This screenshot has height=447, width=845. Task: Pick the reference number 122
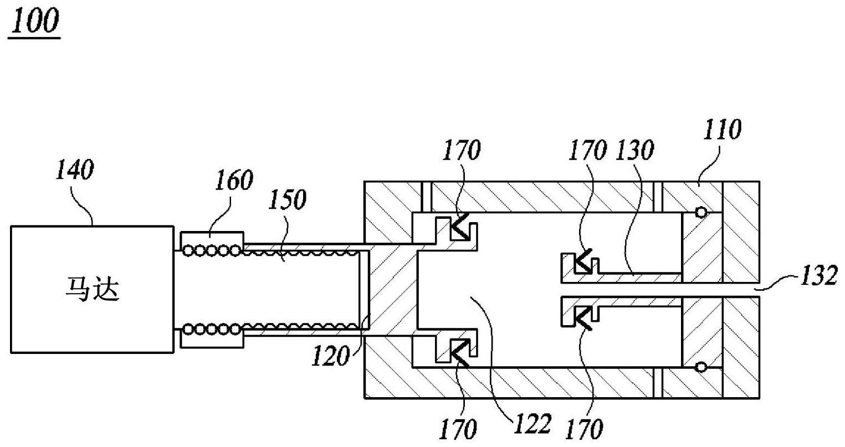pyautogui.click(x=531, y=424)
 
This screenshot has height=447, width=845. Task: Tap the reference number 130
pyautogui.click(x=637, y=150)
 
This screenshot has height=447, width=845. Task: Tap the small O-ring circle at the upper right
pyautogui.click(x=701, y=212)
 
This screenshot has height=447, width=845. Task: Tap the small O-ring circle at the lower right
pyautogui.click(x=701, y=367)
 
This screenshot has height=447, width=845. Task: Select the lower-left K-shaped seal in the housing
pyautogui.click(x=460, y=352)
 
